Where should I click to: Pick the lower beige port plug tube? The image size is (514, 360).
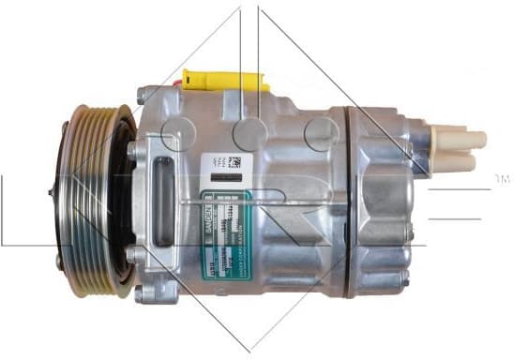[460, 161]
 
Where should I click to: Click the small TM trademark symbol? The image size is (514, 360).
[502, 178]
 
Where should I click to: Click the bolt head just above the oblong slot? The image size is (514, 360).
[140, 149]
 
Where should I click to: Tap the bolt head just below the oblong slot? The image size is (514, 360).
[140, 254]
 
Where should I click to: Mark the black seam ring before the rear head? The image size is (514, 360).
[349, 202]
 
